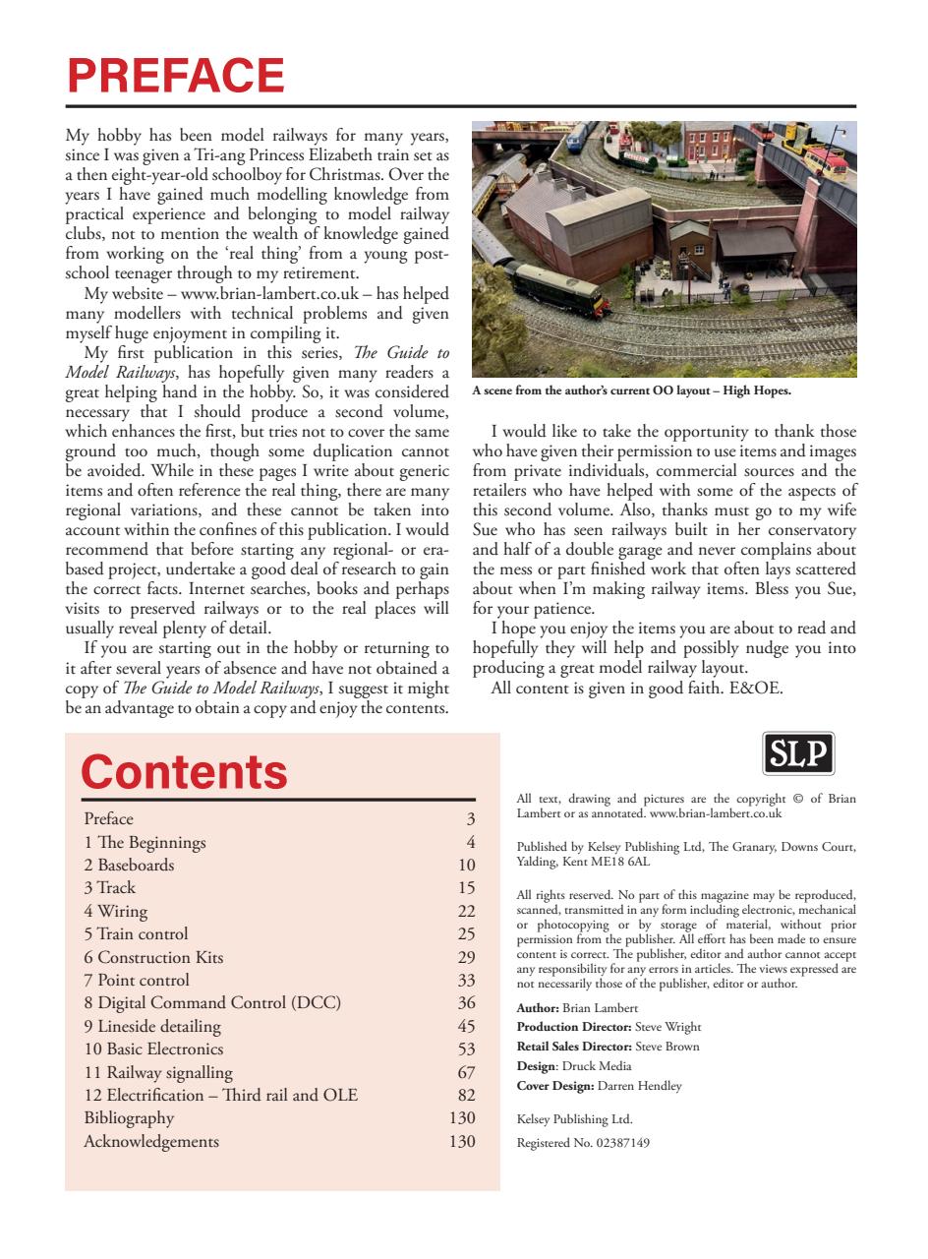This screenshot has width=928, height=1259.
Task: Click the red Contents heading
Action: pyautogui.click(x=184, y=771)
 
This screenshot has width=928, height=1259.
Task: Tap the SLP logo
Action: pyautogui.click(x=798, y=754)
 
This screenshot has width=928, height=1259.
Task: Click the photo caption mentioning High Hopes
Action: pyautogui.click(x=631, y=390)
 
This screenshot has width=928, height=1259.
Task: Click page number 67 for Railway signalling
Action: pyautogui.click(x=466, y=1072)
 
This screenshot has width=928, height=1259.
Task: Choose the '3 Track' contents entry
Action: pyautogui.click(x=109, y=887)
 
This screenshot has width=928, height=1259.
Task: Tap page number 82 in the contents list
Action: pyautogui.click(x=466, y=1096)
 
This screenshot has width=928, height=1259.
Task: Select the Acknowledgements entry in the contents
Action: pyautogui.click(x=151, y=1141)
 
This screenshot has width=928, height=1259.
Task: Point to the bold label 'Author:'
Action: pyautogui.click(x=538, y=1008)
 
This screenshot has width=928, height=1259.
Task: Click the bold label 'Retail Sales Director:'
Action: pyautogui.click(x=575, y=1047)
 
